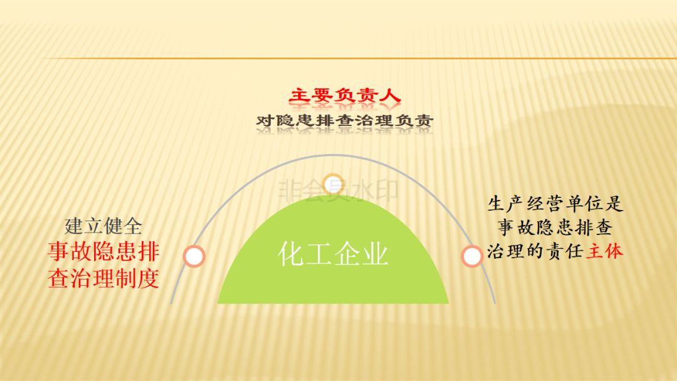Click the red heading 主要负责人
click(x=345, y=95)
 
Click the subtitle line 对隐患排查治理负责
click(x=345, y=120)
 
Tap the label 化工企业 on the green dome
click(x=333, y=253)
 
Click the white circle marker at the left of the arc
click(x=194, y=256)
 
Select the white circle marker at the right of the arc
click(x=471, y=256)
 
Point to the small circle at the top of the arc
click(x=333, y=184)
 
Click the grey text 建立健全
click(x=103, y=226)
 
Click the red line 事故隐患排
click(x=103, y=251)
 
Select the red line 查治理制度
click(x=103, y=278)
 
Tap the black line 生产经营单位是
click(x=555, y=204)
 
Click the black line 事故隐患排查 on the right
click(x=555, y=227)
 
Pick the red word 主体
click(x=604, y=251)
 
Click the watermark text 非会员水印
click(x=338, y=191)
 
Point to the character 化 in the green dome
click(x=291, y=253)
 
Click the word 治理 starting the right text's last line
click(x=506, y=251)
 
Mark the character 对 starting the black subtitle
click(x=265, y=120)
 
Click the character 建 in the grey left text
click(x=74, y=226)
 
